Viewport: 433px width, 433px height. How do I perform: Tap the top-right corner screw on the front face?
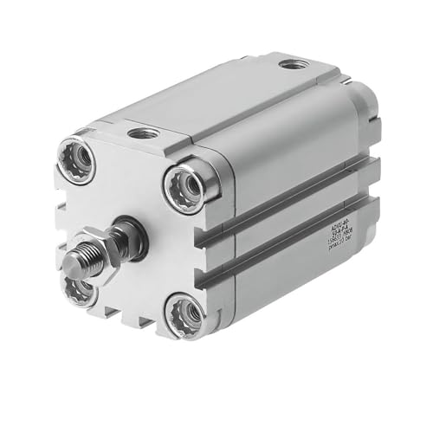[182, 184]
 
